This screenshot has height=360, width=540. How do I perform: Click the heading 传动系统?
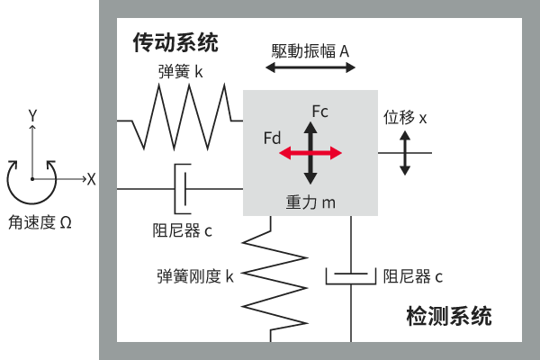click(x=175, y=42)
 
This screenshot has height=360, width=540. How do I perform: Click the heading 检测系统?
click(x=448, y=317)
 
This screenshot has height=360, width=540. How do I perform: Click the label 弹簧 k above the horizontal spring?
click(x=180, y=71)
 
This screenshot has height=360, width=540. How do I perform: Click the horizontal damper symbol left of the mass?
click(x=182, y=188)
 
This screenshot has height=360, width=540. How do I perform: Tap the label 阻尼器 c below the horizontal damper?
click(x=183, y=230)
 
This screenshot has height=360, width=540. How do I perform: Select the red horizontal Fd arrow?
click(x=310, y=154)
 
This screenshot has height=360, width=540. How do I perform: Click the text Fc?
click(x=319, y=112)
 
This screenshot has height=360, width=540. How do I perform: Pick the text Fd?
click(x=273, y=138)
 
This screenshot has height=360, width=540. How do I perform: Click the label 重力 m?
click(x=310, y=202)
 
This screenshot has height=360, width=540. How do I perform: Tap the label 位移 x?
click(x=405, y=118)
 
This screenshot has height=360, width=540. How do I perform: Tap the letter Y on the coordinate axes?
click(x=31, y=115)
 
